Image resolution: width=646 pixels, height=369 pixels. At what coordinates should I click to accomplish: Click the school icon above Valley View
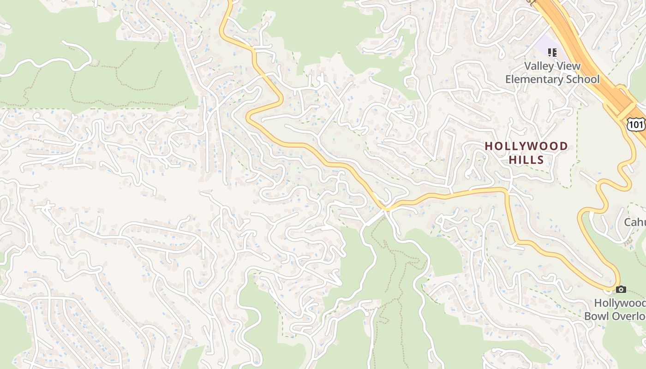tap(551, 53)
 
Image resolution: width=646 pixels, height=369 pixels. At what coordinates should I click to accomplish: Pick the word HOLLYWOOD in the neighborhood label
tap(526, 147)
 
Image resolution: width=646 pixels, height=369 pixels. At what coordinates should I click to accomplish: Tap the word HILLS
tap(526, 160)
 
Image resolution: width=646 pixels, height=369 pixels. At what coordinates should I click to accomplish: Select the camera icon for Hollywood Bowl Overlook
tap(621, 290)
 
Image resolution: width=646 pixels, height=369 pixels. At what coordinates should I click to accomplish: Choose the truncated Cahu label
tap(635, 222)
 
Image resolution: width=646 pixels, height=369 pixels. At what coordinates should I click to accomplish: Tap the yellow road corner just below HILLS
tap(507, 190)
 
